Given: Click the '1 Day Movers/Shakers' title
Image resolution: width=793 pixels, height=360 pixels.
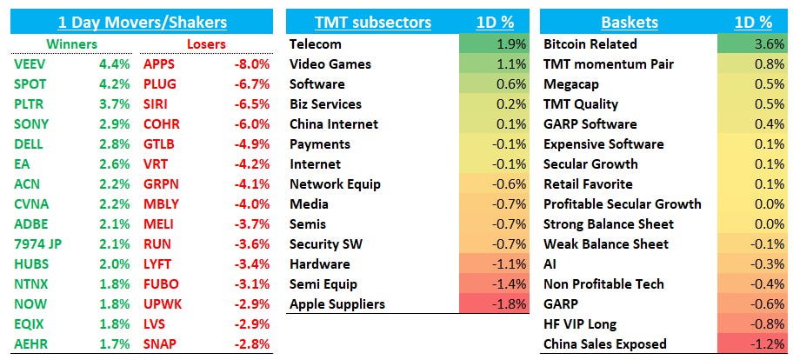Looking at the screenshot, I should click(x=141, y=23).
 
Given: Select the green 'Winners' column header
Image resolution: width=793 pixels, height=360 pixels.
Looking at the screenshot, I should click(x=72, y=43).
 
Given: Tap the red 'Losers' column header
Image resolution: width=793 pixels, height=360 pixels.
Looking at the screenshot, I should click(x=206, y=43).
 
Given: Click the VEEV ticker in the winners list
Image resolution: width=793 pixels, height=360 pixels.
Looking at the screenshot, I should click(x=30, y=63).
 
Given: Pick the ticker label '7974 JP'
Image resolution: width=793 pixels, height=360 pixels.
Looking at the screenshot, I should click(x=38, y=243).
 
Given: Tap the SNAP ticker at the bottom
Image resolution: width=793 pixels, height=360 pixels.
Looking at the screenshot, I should click(x=160, y=343).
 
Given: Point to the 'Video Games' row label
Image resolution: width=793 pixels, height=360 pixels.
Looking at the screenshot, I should click(x=330, y=63).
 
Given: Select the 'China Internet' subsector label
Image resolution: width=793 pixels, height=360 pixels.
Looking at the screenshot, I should click(x=335, y=123).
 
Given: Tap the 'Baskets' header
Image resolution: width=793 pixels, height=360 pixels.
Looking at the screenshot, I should click(x=629, y=23).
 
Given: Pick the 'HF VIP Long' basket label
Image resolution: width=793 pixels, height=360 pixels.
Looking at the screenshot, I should click(x=581, y=323).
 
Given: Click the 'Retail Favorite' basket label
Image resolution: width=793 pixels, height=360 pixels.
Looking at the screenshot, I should click(x=588, y=183).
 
